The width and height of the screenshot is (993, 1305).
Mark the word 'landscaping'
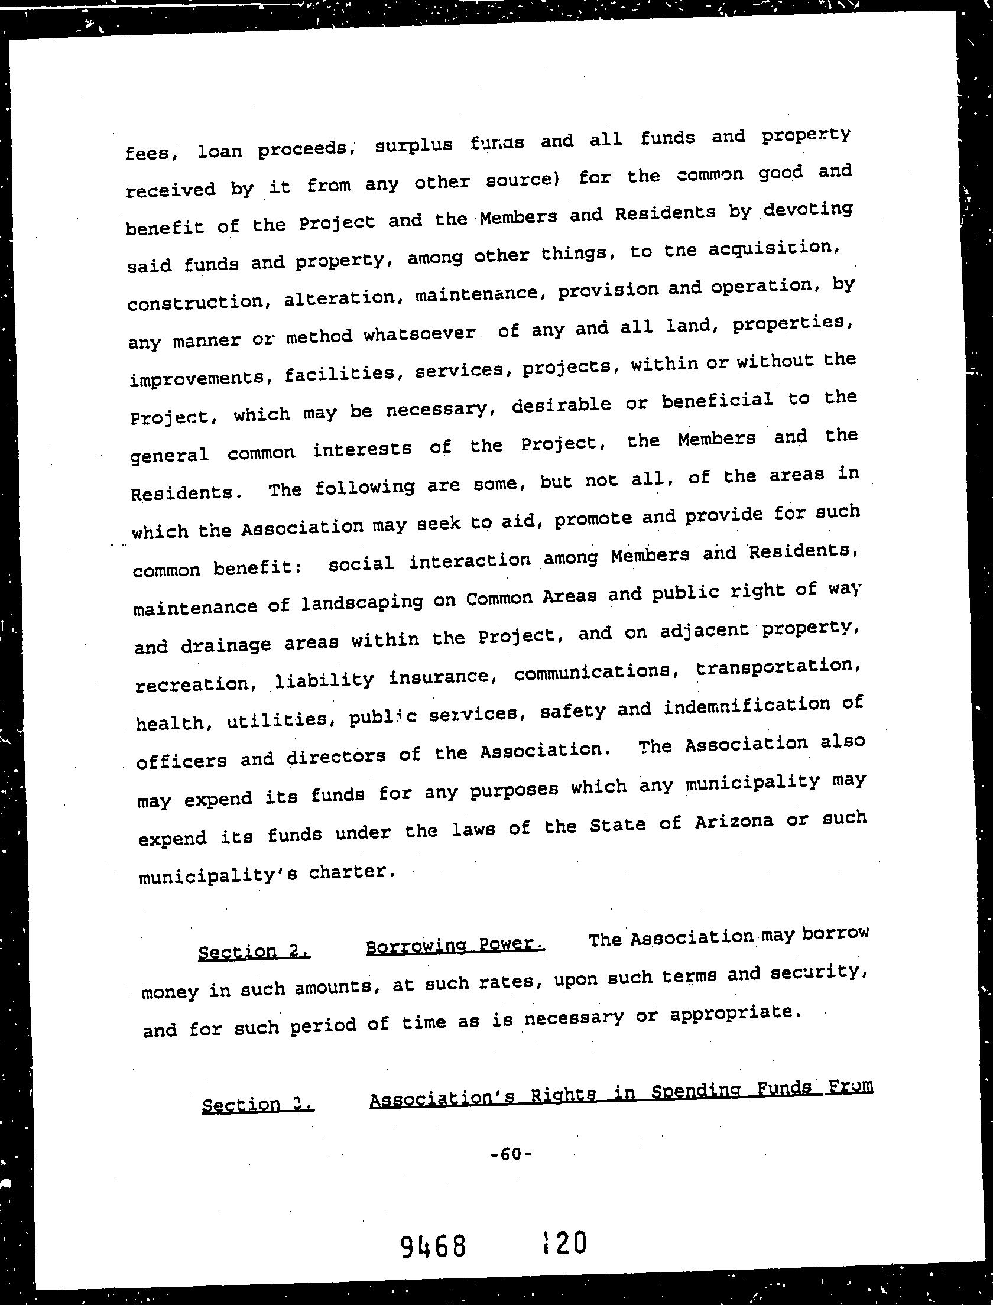[x=362, y=602]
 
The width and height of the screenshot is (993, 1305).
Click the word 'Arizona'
[x=734, y=822]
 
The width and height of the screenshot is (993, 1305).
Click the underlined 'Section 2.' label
[x=254, y=952]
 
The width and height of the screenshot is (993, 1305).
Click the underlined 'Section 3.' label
[x=258, y=1104]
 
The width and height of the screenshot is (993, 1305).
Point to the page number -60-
[x=512, y=1153]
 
